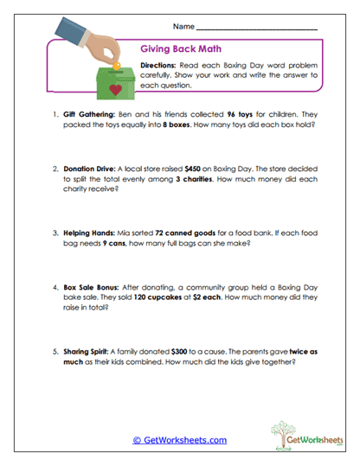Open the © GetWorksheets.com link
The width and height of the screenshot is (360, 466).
click(x=180, y=440)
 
